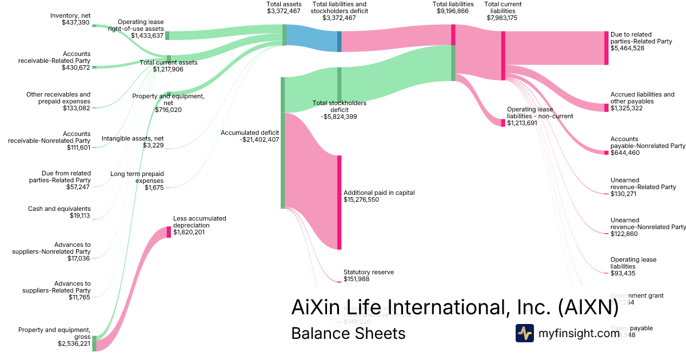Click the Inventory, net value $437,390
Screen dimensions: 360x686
click(75, 22)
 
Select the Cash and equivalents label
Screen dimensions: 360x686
click(59, 209)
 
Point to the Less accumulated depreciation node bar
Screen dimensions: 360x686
click(169, 232)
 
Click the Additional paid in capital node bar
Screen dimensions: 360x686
click(339, 202)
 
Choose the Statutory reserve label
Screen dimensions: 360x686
click(368, 272)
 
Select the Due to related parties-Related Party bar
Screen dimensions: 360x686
click(607, 48)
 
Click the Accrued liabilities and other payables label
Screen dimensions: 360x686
click(642, 98)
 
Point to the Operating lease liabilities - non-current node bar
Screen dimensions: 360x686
click(503, 122)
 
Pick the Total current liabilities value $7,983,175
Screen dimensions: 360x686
click(502, 18)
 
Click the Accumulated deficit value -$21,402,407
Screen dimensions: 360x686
click(250, 139)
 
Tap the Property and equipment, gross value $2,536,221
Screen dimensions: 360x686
click(74, 343)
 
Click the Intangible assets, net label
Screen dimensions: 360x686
click(133, 138)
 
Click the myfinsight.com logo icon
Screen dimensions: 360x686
click(525, 333)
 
